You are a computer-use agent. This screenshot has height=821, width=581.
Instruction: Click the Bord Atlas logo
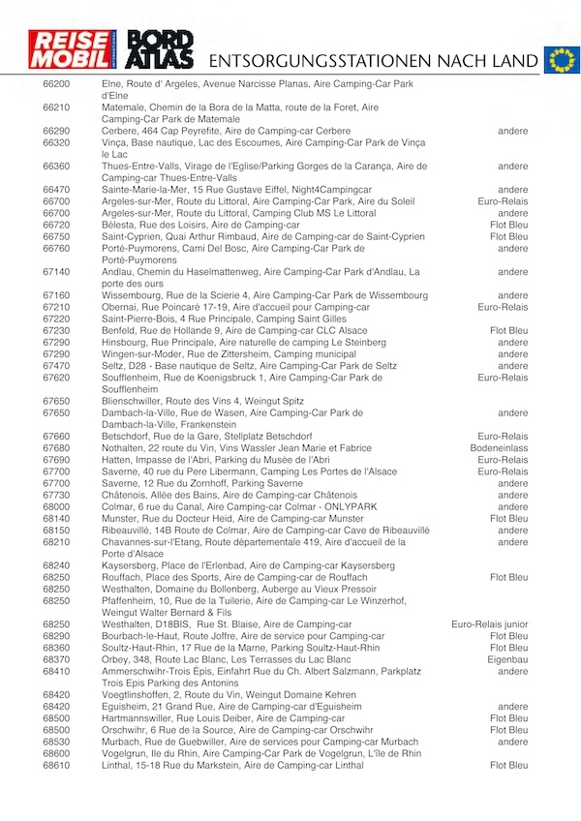tap(161, 49)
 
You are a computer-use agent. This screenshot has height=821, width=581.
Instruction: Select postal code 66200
tap(57, 84)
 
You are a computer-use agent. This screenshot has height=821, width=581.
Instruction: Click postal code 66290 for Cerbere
tap(57, 131)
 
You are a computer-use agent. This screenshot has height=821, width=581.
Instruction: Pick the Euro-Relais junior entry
tap(490, 624)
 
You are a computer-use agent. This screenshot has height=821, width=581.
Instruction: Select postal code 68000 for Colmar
tap(57, 506)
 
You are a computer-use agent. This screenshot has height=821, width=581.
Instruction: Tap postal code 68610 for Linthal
tap(57, 765)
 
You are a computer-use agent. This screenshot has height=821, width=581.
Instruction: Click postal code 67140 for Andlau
tap(57, 272)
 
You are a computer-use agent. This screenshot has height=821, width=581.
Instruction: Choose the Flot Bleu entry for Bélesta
tap(509, 225)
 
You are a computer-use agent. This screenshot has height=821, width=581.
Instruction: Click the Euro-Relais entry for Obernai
tap(504, 307)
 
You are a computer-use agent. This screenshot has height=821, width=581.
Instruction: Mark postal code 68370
tap(57, 659)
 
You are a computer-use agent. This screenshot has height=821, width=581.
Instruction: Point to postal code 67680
tap(57, 448)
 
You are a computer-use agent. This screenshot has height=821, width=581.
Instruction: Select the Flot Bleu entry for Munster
tap(509, 518)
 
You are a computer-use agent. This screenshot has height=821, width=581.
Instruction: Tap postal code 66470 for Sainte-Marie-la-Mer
tap(57, 190)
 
